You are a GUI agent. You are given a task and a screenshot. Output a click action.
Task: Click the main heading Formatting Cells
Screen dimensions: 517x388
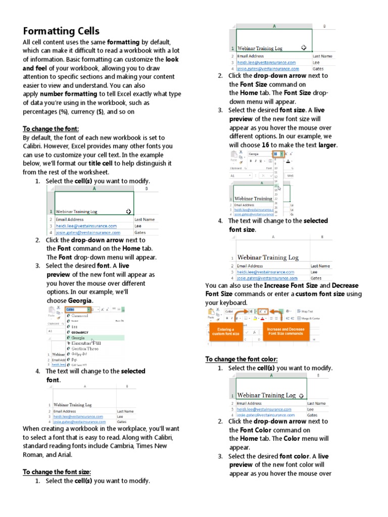61,31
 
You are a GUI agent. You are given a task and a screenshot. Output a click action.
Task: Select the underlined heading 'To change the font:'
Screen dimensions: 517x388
51,129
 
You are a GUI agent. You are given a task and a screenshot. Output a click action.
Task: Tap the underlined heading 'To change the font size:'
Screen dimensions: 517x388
57,472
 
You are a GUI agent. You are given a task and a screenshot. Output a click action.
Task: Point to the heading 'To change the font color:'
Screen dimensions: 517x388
241,359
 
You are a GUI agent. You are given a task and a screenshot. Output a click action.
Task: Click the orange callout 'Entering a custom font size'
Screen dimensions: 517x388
226,332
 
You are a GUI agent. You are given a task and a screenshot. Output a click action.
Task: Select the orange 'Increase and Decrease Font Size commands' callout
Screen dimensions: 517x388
285,331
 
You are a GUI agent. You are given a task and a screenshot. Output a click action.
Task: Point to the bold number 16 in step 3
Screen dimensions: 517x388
265,145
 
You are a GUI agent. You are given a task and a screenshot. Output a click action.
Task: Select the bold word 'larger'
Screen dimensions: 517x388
327,145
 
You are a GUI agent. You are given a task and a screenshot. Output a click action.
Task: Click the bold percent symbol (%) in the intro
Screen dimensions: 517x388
63,112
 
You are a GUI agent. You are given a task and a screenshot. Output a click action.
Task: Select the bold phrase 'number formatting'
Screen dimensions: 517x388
68,94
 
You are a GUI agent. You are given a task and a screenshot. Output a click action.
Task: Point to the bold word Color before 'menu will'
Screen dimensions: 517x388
292,439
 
